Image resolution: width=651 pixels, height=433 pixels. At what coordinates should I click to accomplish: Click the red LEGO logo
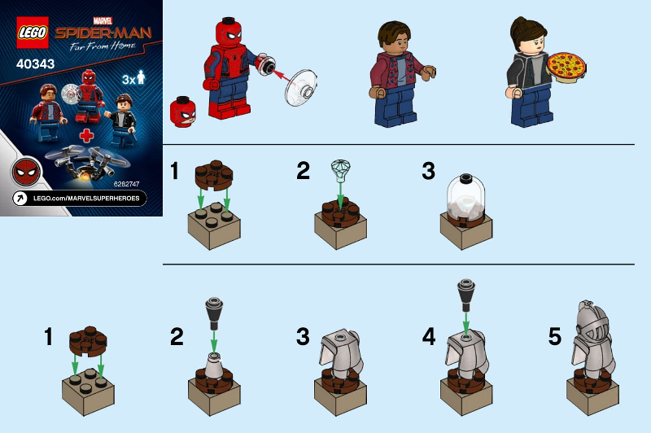(x=33, y=33)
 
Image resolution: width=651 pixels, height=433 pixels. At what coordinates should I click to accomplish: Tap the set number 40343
(x=35, y=64)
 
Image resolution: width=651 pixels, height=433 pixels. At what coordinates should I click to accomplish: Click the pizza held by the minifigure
(x=566, y=68)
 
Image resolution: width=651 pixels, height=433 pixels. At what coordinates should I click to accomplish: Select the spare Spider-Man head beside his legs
(x=182, y=112)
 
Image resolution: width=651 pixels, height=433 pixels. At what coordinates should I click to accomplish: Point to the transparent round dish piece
(x=301, y=87)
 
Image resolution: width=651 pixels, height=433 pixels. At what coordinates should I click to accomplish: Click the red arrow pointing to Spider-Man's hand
(x=282, y=77)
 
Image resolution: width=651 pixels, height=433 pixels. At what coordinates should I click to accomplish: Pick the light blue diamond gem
(x=340, y=170)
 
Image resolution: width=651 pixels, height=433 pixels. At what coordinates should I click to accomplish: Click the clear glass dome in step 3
(x=465, y=198)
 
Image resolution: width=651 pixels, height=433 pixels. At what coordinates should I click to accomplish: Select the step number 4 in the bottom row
(x=429, y=336)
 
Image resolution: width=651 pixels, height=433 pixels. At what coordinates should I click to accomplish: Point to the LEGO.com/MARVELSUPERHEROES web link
(x=86, y=199)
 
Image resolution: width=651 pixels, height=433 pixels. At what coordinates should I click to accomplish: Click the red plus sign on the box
(x=87, y=136)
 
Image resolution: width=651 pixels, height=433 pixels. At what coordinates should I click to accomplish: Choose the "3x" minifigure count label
(x=133, y=77)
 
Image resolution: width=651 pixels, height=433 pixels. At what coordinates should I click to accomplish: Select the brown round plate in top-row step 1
(x=214, y=174)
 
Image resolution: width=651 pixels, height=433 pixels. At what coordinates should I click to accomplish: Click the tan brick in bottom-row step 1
(x=88, y=391)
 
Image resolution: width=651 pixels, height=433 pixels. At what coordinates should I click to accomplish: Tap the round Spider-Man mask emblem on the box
(x=27, y=173)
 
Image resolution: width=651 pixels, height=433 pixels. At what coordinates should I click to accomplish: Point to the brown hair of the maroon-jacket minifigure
(x=394, y=33)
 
